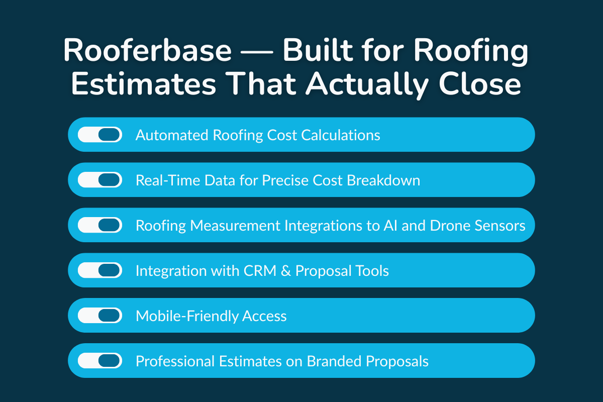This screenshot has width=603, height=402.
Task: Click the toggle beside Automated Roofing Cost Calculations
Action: (x=100, y=135)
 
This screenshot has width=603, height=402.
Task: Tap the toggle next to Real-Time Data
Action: (x=100, y=180)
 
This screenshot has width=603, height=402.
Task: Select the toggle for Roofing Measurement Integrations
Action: (x=100, y=225)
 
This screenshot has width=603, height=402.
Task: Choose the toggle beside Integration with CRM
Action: (x=100, y=270)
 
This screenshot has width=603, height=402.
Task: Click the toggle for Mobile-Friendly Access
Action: (x=100, y=316)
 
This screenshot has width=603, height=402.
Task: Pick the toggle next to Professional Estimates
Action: (x=100, y=361)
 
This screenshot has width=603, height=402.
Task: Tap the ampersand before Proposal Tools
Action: (x=286, y=271)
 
